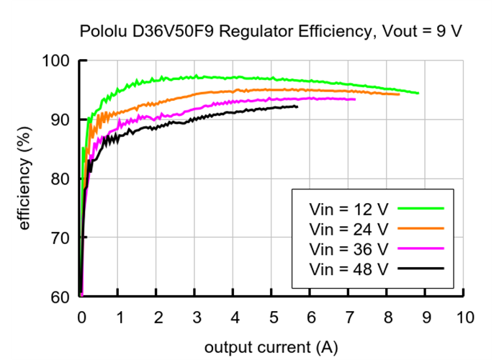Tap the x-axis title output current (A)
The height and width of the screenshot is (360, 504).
[x=271, y=347]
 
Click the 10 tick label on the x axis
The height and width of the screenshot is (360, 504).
[x=464, y=318]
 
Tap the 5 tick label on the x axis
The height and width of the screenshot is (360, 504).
[x=273, y=318]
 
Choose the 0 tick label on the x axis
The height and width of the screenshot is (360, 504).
[x=81, y=318]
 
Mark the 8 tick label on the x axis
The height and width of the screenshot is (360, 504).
[x=388, y=318]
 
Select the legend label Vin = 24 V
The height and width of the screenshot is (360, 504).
[x=348, y=229]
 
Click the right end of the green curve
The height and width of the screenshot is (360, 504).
[x=418, y=93]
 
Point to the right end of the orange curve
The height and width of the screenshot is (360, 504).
[x=398, y=94]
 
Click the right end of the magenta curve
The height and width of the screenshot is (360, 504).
[x=354, y=99]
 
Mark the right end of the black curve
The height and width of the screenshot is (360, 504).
[x=297, y=107]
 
